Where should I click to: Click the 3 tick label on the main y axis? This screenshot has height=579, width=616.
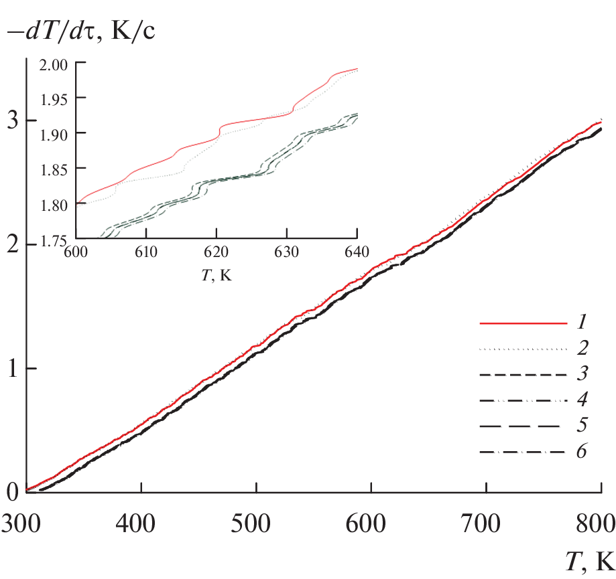pos(11,120)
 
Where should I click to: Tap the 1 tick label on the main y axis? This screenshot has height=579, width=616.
pos(11,369)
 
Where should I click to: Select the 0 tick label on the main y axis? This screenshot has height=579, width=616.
pos(11,493)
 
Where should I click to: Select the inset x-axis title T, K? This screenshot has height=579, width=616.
pos(216,274)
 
